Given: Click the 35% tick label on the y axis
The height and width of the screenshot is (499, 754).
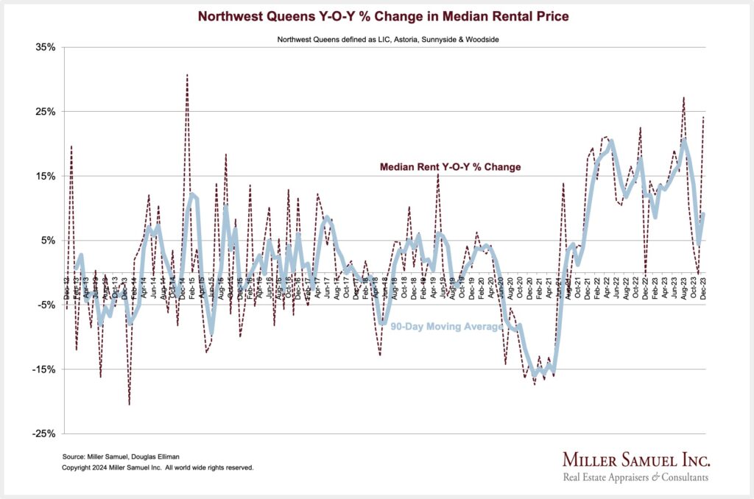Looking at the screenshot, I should pyautogui.click(x=46, y=47).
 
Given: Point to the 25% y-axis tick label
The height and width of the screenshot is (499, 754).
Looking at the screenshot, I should pyautogui.click(x=46, y=112).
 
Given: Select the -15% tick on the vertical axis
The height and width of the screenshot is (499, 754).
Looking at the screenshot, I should pyautogui.click(x=44, y=369).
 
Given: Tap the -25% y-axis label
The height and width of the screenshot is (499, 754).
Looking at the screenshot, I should pyautogui.click(x=44, y=434).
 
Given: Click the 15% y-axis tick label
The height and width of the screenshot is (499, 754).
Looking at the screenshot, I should pyautogui.click(x=46, y=176).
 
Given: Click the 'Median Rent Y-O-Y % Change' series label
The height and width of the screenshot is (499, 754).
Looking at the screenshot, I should pyautogui.click(x=450, y=167).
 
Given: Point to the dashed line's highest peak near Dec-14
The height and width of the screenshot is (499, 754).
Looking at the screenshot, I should pyautogui.click(x=187, y=74).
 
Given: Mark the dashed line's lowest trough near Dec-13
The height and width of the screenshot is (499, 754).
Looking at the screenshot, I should pyautogui.click(x=130, y=404).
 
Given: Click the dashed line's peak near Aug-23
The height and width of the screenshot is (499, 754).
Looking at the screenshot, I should pyautogui.click(x=684, y=97).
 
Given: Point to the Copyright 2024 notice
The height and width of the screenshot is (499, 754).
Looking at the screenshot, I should pyautogui.click(x=158, y=467).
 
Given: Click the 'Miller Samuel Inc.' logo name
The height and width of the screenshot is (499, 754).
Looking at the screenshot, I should pyautogui.click(x=636, y=460).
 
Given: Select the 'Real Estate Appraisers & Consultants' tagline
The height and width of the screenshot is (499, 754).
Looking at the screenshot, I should pyautogui.click(x=636, y=477).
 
